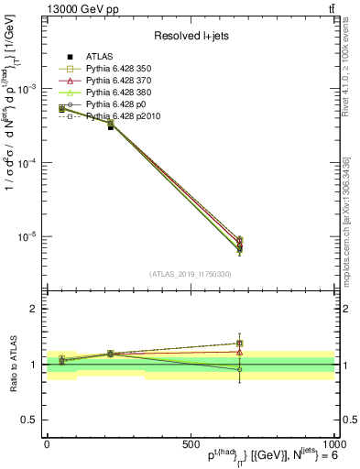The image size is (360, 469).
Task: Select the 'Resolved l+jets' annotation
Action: pyautogui.click(x=191, y=36)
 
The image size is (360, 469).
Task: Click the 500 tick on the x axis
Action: pyautogui.click(x=191, y=442)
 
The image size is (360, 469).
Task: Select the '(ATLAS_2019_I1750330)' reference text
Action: pyautogui.click(x=191, y=274)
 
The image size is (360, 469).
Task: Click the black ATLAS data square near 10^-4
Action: pyautogui.click(x=111, y=126)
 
